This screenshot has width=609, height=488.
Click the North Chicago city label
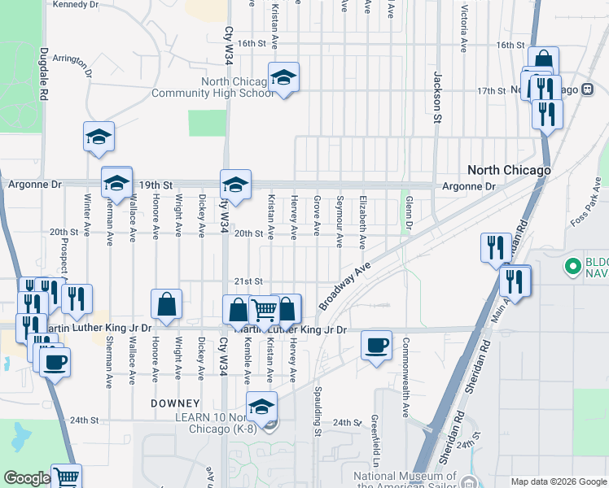click(x=509, y=170)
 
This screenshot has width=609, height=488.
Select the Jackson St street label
click(x=437, y=96)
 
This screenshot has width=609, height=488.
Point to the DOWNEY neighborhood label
click(x=175, y=403)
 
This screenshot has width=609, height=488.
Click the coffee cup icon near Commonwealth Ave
click(x=377, y=346)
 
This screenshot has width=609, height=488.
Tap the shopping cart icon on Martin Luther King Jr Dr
click(x=264, y=309)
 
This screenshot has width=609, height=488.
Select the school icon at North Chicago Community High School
click(x=283, y=77)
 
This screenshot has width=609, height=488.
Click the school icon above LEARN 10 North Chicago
click(x=262, y=407)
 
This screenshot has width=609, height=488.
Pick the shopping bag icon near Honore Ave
click(x=166, y=304)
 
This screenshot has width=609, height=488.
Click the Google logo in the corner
click(x=26, y=478)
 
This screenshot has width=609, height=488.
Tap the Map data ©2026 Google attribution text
click(x=558, y=481)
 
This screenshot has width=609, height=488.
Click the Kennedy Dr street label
click(x=75, y=4)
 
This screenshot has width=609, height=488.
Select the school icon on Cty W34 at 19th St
click(x=235, y=185)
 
